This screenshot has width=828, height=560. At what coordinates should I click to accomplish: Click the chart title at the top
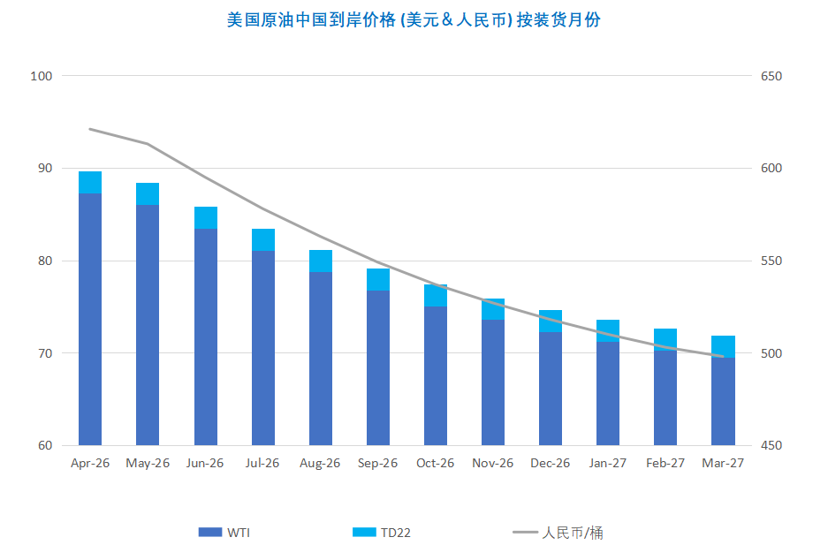click(x=414, y=19)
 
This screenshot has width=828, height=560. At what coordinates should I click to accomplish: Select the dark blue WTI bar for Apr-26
click(x=90, y=318)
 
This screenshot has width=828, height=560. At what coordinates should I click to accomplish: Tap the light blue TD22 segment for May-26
click(x=148, y=193)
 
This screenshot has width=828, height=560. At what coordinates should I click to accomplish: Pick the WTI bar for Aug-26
click(x=321, y=358)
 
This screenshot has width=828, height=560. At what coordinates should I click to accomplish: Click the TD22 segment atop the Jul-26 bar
click(x=263, y=239)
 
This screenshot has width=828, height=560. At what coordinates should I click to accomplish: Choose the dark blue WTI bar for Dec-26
click(x=551, y=389)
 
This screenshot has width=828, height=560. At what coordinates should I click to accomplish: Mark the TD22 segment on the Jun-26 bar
click(x=206, y=217)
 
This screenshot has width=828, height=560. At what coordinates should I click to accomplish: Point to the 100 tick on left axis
click(x=42, y=76)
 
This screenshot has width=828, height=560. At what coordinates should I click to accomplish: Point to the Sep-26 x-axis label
click(x=377, y=464)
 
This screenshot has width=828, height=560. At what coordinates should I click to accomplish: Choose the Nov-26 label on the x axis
click(x=492, y=464)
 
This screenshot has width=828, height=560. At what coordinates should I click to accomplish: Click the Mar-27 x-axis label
click(x=723, y=464)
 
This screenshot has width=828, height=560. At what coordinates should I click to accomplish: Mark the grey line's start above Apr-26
click(x=90, y=129)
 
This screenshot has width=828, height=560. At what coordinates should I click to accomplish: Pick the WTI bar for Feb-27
click(x=665, y=397)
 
